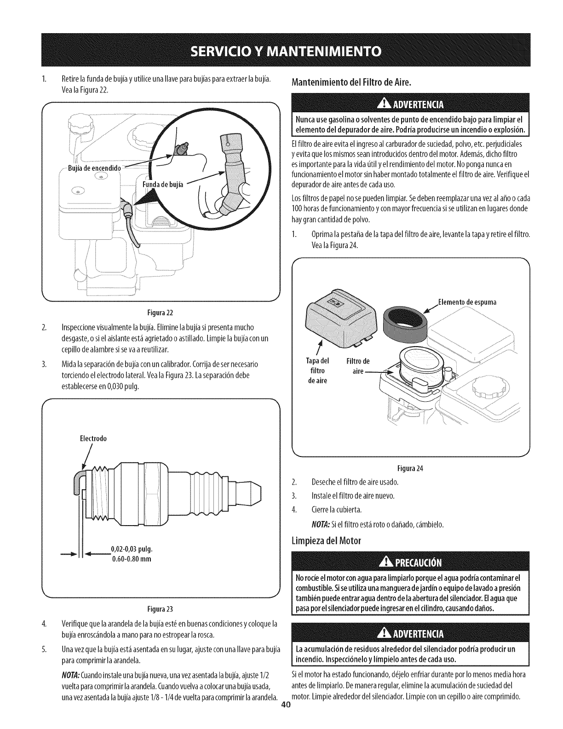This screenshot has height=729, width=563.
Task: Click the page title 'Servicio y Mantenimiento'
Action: pyautogui.click(x=281, y=50)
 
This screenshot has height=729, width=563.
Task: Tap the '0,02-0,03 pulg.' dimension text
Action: pyautogui.click(x=132, y=550)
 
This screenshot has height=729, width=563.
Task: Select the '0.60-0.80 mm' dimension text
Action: pyautogui.click(x=132, y=559)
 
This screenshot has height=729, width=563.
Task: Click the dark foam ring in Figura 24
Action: pyautogui.click(x=405, y=323)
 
